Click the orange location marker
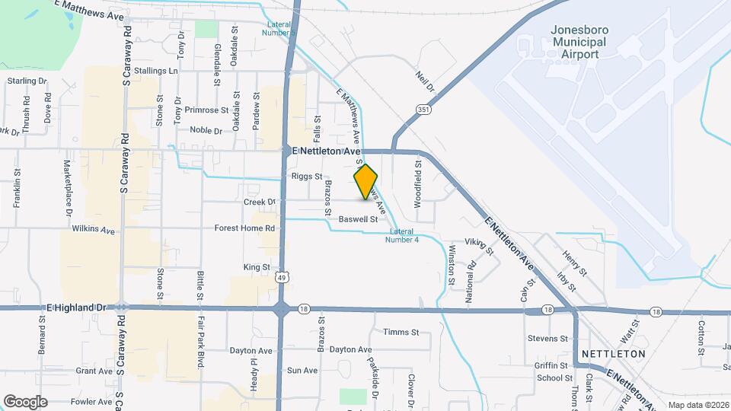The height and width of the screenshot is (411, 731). pyautogui.click(x=365, y=183)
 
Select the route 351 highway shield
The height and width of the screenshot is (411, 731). pyautogui.click(x=423, y=111)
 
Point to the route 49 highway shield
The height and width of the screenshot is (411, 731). pyautogui.click(x=282, y=278)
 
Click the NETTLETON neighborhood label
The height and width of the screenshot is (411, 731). pyautogui.click(x=613, y=354)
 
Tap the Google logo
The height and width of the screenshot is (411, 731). pyautogui.click(x=25, y=402)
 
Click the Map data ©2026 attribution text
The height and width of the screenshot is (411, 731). pyautogui.click(x=697, y=405)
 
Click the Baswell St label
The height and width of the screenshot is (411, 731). pyautogui.click(x=359, y=219)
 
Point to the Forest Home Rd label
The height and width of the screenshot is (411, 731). pyautogui.click(x=244, y=228)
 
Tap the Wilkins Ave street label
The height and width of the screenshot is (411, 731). pyautogui.click(x=93, y=228)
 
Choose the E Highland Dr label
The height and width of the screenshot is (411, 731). pyautogui.click(x=77, y=307)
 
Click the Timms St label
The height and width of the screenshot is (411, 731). pyautogui.click(x=401, y=333)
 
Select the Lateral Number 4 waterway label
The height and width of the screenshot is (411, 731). pyautogui.click(x=404, y=236)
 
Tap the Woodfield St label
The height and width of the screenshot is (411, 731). pyautogui.click(x=418, y=183)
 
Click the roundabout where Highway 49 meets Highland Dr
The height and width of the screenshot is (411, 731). pyautogui.click(x=282, y=309)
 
